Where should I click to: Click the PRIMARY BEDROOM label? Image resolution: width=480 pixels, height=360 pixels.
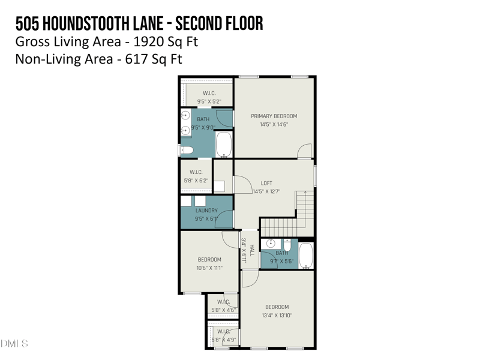click(274, 116)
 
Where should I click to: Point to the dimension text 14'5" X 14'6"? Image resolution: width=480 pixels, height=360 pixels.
click(274, 125)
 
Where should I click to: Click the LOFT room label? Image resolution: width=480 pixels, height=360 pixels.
click(266, 183)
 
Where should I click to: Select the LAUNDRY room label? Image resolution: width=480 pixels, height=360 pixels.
click(206, 211)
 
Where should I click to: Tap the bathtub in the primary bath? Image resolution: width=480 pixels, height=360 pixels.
click(224, 144)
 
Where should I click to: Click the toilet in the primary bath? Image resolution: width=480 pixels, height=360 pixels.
click(186, 150)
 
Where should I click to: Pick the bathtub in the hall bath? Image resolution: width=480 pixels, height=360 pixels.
click(306, 256)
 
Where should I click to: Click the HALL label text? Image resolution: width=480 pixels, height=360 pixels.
click(252, 250)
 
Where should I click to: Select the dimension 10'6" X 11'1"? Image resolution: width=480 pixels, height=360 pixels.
click(209, 268)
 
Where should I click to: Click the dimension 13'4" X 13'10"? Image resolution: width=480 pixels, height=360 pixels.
click(277, 315)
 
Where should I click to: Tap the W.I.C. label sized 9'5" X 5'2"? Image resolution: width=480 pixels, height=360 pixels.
click(209, 93)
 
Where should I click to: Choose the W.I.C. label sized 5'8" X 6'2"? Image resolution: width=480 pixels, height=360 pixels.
click(196, 172)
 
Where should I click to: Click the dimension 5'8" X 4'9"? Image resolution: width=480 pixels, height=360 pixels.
click(223, 340)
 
